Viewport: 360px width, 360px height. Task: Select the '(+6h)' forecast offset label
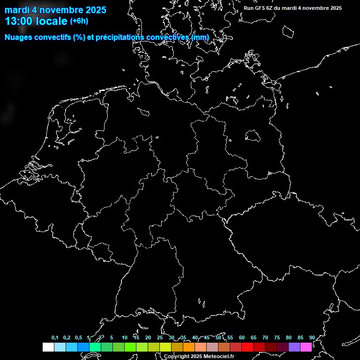click(79, 21)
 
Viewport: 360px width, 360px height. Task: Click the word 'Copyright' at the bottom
click(177, 356)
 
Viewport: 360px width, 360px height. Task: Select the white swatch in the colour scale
click(48, 347)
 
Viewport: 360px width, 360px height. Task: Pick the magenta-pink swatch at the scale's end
click(306, 347)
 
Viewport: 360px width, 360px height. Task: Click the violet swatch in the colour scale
click(294, 347)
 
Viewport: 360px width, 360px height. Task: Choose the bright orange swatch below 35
click(188, 347)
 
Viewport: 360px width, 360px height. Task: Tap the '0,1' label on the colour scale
click(55, 337)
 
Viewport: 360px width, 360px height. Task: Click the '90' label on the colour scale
click(312, 337)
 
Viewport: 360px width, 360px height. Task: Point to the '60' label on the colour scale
click(241, 337)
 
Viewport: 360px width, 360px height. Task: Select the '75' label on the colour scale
click(277, 337)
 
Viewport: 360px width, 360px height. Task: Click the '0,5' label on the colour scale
click(78, 337)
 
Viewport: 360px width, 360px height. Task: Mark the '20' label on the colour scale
click(148, 337)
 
